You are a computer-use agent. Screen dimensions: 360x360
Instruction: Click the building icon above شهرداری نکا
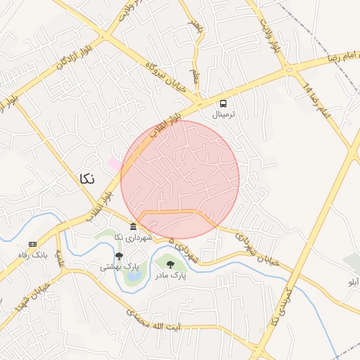point(134,226)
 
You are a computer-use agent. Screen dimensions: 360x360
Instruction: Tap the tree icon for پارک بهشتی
point(118,256)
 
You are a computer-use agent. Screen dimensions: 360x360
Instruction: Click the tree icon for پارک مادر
point(169,264)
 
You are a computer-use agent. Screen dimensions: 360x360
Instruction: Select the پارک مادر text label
point(170,276)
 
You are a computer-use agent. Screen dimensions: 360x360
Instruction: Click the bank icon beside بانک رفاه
point(32,243)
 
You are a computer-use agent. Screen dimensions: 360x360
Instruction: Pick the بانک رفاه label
point(32,255)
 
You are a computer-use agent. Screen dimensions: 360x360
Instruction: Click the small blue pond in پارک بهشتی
point(131,276)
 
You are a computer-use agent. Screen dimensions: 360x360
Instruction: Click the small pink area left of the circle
point(114,163)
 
